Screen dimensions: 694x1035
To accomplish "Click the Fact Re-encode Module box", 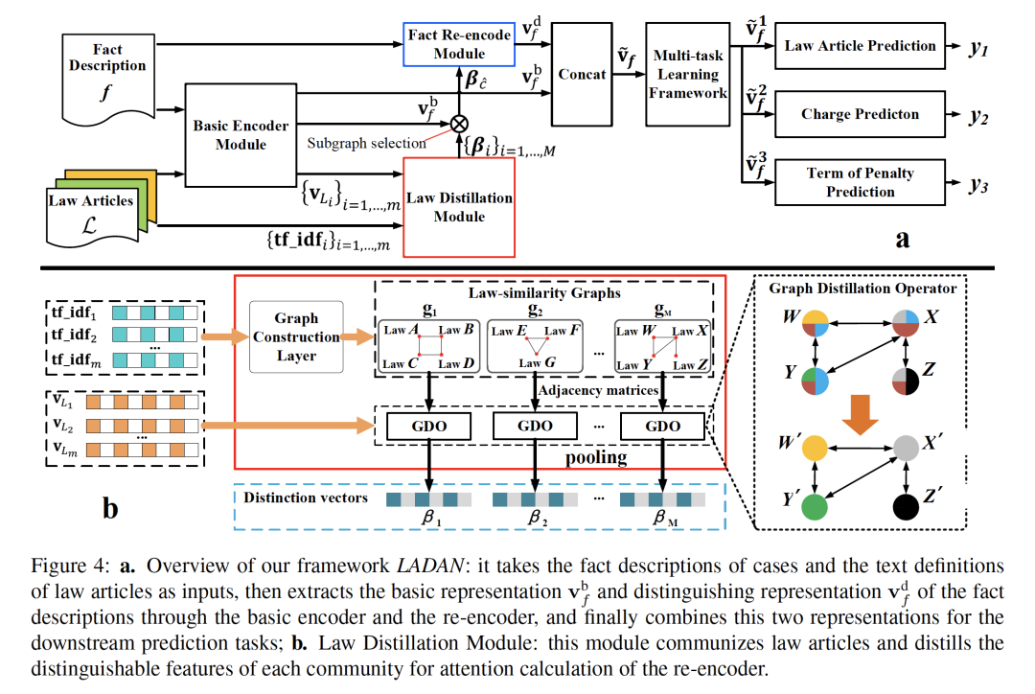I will tap(459, 44).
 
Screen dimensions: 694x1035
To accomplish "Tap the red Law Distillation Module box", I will tap(459, 207).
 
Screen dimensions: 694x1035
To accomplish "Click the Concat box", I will tap(581, 74).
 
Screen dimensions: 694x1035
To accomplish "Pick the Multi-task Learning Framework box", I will tap(688, 74).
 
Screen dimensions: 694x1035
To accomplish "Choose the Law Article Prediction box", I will tap(860, 45).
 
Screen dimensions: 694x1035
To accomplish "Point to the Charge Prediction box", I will tap(860, 114).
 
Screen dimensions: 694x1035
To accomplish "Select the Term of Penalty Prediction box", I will tap(860, 182).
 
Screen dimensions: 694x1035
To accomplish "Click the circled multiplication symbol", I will tap(460, 122).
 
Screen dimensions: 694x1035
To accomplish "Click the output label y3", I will tap(977, 184).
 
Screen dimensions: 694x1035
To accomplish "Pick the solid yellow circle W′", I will tap(816, 448).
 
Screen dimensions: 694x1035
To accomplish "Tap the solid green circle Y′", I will tap(816, 506).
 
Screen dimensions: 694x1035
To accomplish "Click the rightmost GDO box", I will tap(663, 426).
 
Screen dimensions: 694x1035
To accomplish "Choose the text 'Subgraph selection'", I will tap(367, 143).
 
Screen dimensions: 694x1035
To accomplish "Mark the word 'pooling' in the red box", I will tap(596, 457).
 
